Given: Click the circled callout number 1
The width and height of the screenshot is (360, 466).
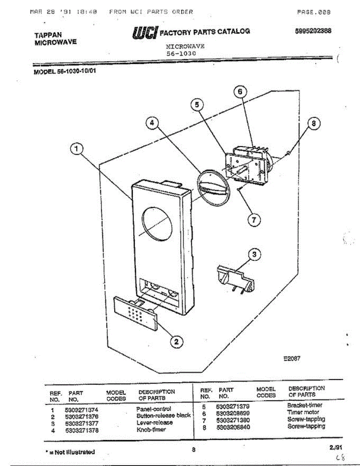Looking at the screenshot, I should click(77, 149).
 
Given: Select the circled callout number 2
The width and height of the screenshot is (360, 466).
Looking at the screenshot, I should click(176, 341).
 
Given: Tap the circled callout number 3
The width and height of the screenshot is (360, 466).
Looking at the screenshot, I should click(254, 255).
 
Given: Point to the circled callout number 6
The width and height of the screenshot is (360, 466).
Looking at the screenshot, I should click(240, 92).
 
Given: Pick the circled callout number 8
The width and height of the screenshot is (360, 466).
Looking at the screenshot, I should click(314, 123).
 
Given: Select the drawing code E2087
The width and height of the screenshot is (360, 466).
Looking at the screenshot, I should click(292, 359).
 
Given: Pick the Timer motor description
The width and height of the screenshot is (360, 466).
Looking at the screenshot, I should click(303, 412).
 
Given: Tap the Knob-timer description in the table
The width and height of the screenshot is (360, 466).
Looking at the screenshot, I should click(151, 429).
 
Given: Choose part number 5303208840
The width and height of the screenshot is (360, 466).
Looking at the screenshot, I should click(233, 427).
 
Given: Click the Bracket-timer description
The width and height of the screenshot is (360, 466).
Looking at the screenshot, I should click(305, 405).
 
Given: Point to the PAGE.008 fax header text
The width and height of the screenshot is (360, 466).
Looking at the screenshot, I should click(313, 12).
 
